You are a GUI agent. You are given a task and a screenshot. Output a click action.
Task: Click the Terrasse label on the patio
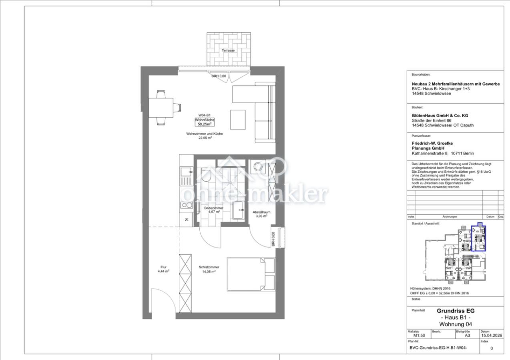(x=228, y=50)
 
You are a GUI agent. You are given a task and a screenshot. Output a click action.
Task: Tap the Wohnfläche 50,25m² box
(x=205, y=122)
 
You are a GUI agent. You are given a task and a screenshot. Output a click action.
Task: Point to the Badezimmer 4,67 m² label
(x=214, y=210)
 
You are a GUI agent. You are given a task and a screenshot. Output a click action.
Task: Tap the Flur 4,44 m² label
(x=163, y=269)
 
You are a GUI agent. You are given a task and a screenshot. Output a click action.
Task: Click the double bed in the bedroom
(x=251, y=274)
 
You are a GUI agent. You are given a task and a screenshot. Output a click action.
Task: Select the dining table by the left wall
(x=161, y=108)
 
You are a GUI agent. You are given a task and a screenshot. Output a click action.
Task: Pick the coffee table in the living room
(x=238, y=120)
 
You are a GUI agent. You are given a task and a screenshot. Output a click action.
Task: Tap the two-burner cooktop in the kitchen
(x=187, y=205)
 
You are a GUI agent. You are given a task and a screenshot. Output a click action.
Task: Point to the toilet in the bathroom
(x=206, y=175)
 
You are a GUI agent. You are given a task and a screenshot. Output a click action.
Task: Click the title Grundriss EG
(x=456, y=311)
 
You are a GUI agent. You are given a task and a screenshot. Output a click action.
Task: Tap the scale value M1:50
(x=419, y=336)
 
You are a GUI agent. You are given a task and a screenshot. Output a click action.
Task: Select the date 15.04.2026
(x=491, y=336)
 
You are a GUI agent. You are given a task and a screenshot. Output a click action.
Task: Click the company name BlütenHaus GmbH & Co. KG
(x=440, y=116)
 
